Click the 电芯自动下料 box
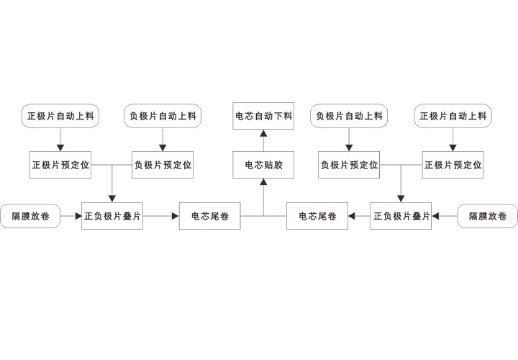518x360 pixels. (263, 116)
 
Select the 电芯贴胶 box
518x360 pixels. (263, 165)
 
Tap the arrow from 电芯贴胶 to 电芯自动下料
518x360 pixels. (263, 140)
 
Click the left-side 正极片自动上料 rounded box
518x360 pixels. (61, 116)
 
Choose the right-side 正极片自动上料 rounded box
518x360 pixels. (453, 116)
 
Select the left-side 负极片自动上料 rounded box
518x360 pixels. (163, 116)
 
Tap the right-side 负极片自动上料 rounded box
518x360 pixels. (349, 116)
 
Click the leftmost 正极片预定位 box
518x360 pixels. (60, 165)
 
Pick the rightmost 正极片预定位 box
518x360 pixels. (453, 165)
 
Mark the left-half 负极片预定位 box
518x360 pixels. (163, 165)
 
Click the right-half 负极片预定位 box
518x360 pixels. (349, 165)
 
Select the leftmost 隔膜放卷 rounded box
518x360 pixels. (31, 216)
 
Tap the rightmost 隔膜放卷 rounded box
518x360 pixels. (488, 216)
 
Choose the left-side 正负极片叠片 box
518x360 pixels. (112, 216)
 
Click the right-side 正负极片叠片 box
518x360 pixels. (401, 216)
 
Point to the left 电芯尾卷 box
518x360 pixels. (209, 216)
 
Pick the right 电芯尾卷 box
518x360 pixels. (317, 216)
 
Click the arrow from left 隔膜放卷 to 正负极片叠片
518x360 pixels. (71, 216)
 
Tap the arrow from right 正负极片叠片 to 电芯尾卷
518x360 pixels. (359, 216)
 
